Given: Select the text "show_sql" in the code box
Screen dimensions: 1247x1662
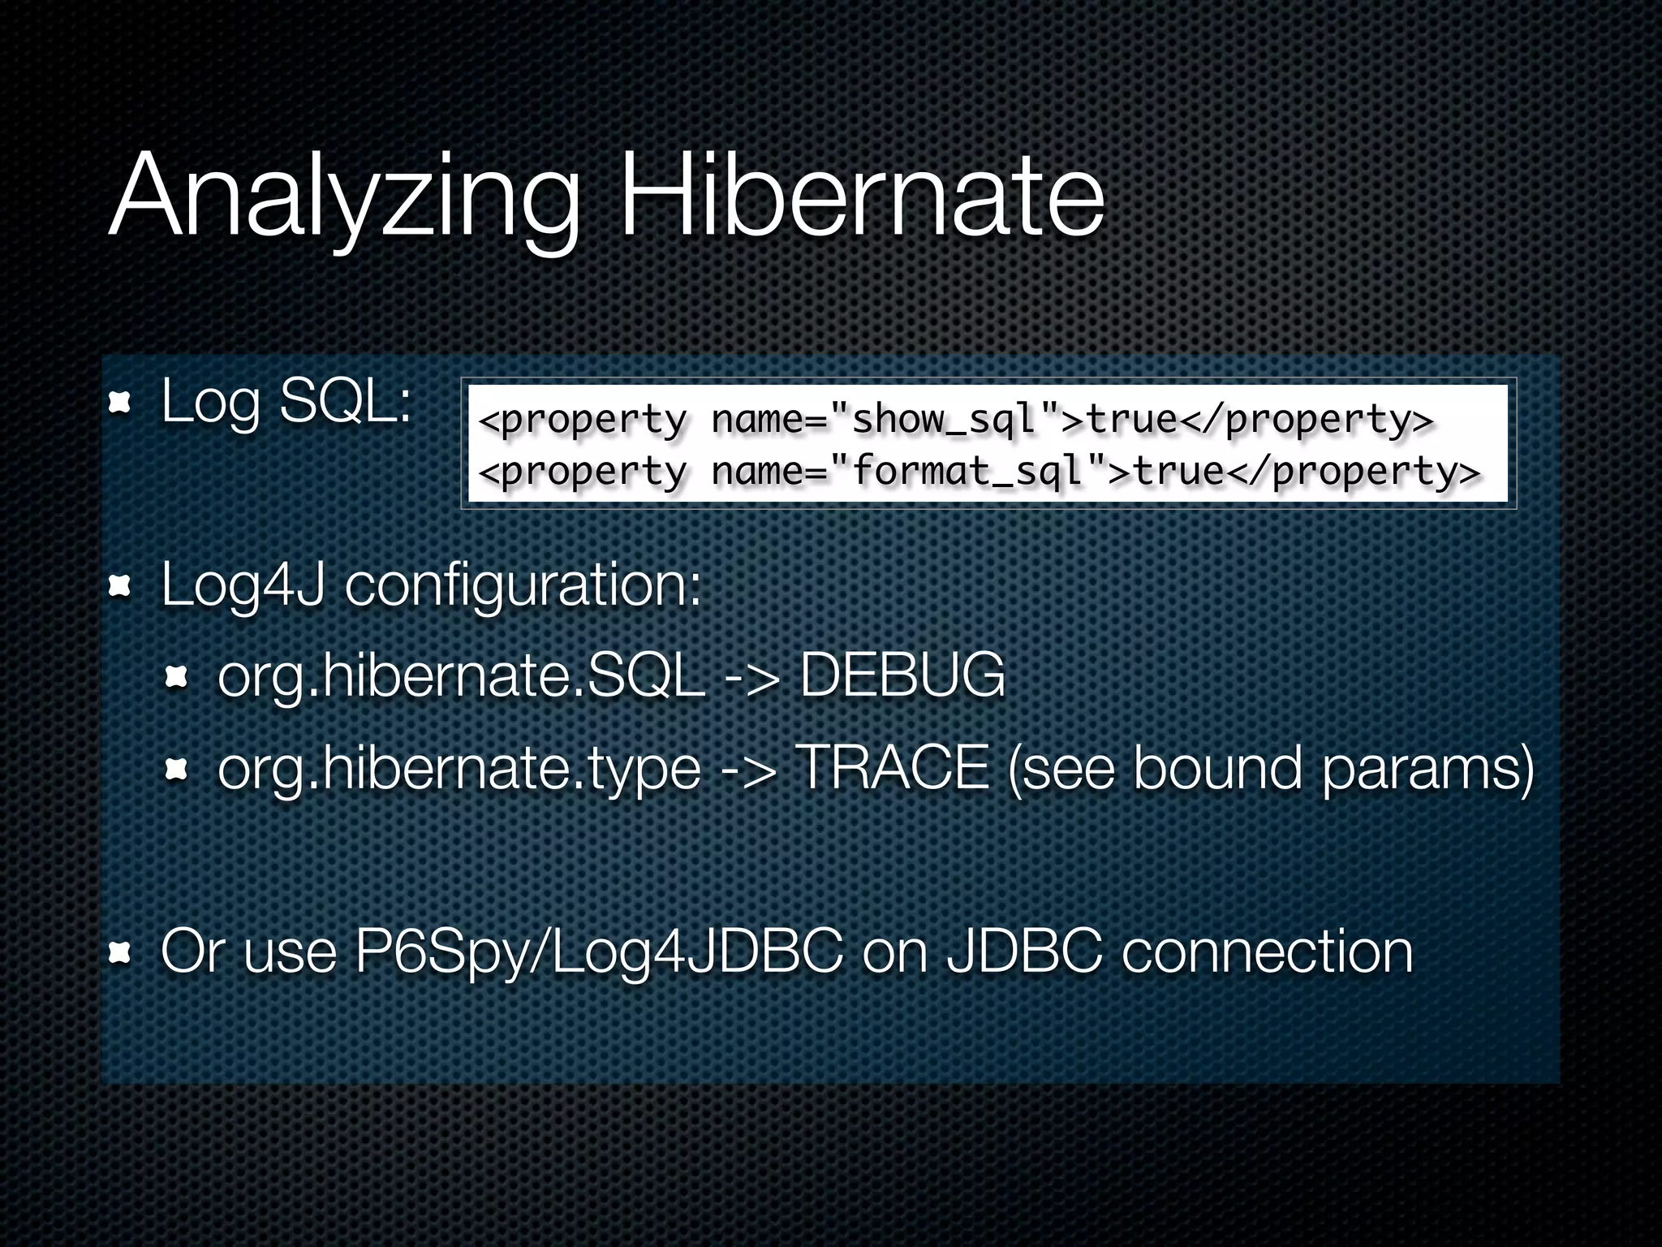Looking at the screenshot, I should click(945, 420).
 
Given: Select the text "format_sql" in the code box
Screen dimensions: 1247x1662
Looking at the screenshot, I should click(967, 472).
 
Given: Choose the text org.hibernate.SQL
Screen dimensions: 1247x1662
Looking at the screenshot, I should click(461, 675).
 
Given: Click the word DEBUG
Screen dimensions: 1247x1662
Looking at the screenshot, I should click(902, 675).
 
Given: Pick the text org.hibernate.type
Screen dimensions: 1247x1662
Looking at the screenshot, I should click(459, 768).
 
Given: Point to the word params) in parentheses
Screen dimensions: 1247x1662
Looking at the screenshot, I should click(1428, 768).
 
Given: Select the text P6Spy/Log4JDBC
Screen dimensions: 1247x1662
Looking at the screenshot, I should click(599, 951).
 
